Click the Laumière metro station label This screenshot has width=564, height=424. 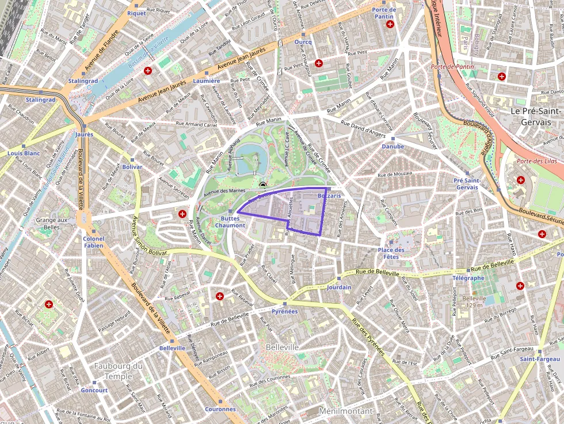click(x=207, y=81)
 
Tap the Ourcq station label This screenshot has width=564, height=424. click(x=303, y=42)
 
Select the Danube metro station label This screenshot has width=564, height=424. click(x=392, y=146)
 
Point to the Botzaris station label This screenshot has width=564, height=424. click(x=329, y=196)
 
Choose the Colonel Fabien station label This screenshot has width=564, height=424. click(x=93, y=242)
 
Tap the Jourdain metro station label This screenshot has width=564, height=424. click(x=338, y=287)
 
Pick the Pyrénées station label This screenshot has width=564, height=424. click(x=284, y=311)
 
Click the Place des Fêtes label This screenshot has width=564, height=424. click(x=391, y=253)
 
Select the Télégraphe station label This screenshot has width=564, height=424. click(x=468, y=278)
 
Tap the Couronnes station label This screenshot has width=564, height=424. click(x=220, y=409)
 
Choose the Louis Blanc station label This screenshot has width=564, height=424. click(x=24, y=154)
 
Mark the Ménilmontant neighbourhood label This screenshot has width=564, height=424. click(x=346, y=412)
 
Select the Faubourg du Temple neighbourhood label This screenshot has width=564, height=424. click(x=119, y=371)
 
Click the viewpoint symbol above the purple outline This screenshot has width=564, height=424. click(x=263, y=185)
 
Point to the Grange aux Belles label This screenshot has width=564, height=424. click(x=52, y=223)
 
